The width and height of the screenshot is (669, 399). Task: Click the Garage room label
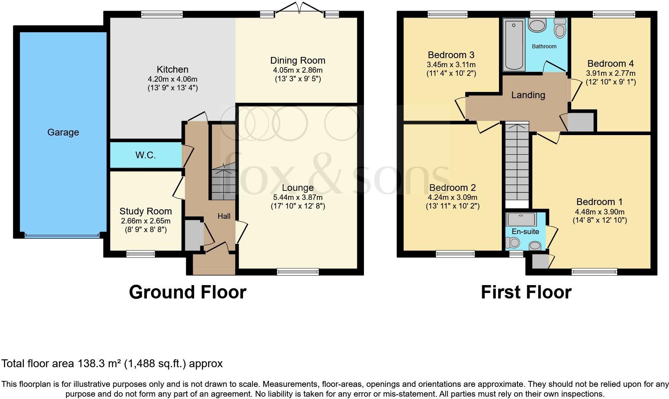[63, 132]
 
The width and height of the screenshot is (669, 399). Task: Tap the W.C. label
[145, 155]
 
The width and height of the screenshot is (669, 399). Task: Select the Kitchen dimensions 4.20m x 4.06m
[173, 79]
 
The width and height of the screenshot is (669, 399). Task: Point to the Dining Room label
[298, 60]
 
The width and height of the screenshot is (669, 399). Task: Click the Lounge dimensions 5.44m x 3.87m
[298, 198]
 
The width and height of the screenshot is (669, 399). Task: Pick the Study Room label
[146, 211]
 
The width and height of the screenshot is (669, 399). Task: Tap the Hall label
[224, 216]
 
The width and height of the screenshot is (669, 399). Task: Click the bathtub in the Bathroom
[514, 45]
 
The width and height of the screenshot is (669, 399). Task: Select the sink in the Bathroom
[537, 26]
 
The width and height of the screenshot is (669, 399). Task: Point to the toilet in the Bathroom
[560, 28]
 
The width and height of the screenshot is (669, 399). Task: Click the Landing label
[528, 95]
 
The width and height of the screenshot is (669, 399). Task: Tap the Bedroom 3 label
[451, 55]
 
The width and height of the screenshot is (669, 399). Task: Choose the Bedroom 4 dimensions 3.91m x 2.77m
[611, 73]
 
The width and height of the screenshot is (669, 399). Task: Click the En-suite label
[525, 231]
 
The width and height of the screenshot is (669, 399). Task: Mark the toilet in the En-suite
[513, 243]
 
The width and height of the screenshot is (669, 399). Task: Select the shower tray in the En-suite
[521, 220]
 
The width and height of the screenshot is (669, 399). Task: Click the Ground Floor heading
[188, 292]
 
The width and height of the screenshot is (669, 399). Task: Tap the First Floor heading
[526, 292]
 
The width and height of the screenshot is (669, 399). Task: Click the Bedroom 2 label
[452, 188]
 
